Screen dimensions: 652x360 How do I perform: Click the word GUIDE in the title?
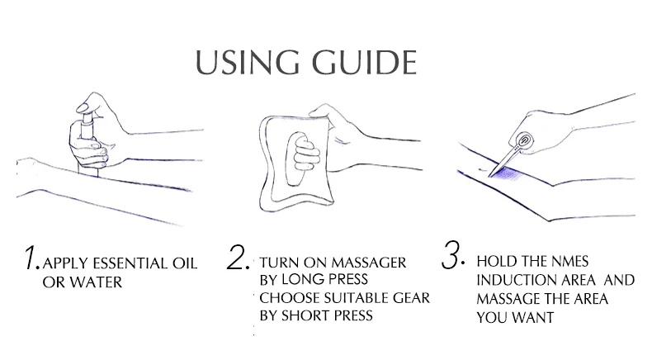click(364, 63)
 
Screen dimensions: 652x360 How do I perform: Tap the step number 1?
click(31, 258)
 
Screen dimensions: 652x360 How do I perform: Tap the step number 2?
click(239, 258)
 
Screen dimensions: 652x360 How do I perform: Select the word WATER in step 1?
click(96, 282)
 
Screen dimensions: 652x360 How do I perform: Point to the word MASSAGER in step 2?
click(369, 263)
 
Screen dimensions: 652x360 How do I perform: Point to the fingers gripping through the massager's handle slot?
click(305, 155)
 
